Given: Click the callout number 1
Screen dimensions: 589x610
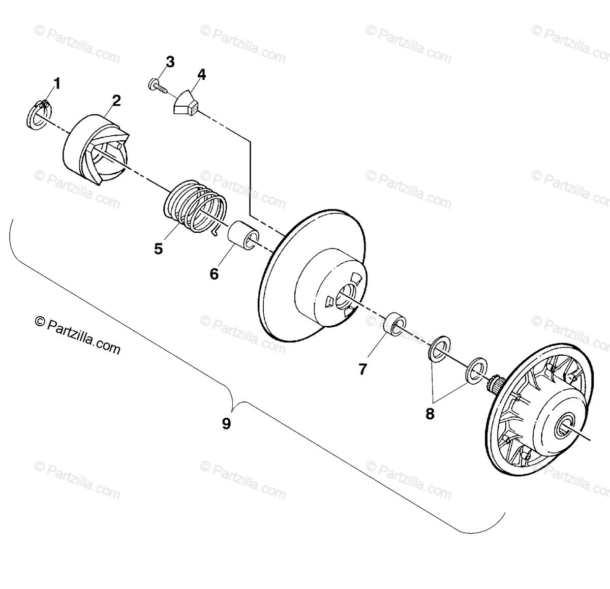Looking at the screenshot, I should pyautogui.click(x=57, y=84).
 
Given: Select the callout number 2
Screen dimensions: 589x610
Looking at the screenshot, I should pyautogui.click(x=116, y=101).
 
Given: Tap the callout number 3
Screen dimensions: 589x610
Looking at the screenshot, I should pyautogui.click(x=170, y=63).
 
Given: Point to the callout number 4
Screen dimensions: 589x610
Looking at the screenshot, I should pyautogui.click(x=202, y=75).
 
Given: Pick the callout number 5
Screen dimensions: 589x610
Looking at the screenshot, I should pyautogui.click(x=159, y=249).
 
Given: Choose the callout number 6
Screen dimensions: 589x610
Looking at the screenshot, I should pyautogui.click(x=214, y=274).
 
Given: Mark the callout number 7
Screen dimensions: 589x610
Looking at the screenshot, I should pyautogui.click(x=362, y=369).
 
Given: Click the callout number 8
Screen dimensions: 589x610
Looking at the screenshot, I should pyautogui.click(x=430, y=414).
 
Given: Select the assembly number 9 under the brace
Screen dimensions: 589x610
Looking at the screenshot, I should pyautogui.click(x=226, y=423).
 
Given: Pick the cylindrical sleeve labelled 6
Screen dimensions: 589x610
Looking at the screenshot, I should pyautogui.click(x=242, y=234).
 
